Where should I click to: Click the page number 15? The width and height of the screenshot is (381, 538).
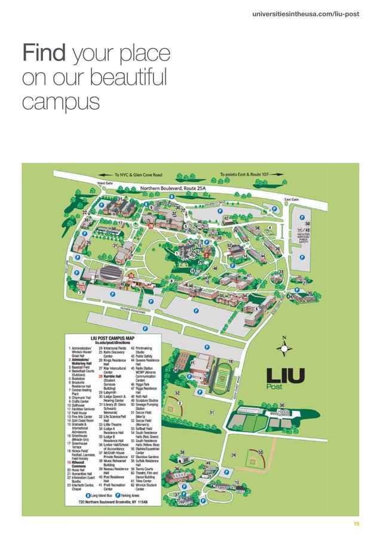tap(356, 524)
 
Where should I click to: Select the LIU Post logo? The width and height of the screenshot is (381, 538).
tap(284, 378)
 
